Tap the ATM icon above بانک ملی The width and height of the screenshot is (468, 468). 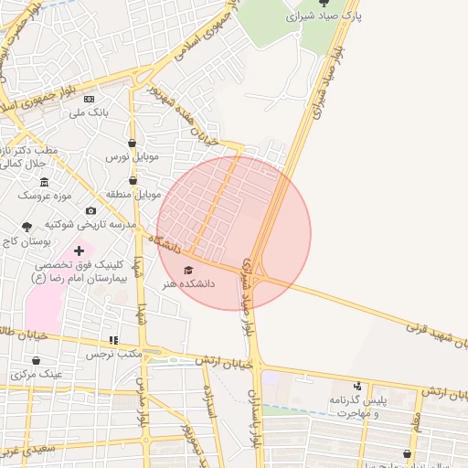[x=89, y=99]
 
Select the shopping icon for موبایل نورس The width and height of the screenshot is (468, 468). [x=133, y=144]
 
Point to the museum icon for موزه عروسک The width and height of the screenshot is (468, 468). [x=45, y=182]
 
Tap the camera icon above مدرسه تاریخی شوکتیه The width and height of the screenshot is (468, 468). [x=90, y=211]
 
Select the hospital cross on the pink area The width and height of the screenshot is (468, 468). [x=80, y=250]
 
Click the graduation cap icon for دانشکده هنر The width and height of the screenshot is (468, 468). [x=188, y=270]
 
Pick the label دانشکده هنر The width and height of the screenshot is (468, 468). [x=188, y=284]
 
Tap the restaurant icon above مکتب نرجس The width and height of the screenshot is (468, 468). [x=113, y=340]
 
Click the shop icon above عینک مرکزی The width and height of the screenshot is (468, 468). [x=38, y=361]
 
